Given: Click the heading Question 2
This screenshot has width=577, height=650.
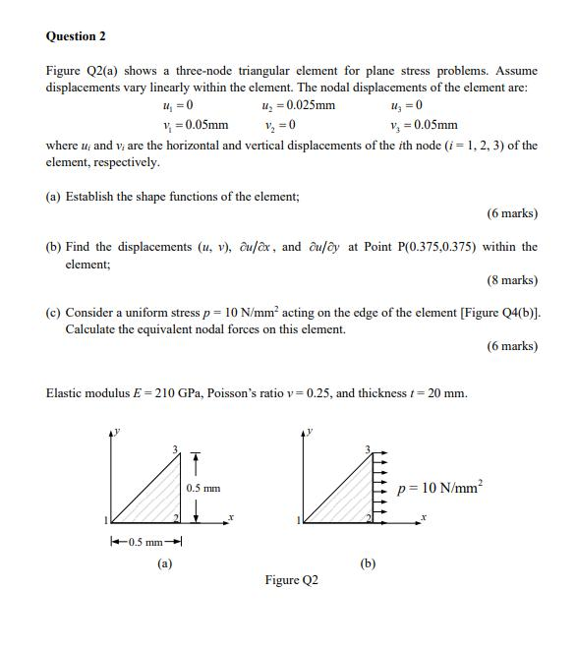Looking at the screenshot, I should pos(76,36).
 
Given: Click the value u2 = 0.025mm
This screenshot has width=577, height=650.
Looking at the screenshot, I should pos(299,106).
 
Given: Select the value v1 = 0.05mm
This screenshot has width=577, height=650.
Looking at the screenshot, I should pos(196,125).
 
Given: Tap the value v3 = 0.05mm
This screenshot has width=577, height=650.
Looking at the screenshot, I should pos(424,125).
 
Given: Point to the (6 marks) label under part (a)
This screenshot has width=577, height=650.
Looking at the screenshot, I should pos(512,213).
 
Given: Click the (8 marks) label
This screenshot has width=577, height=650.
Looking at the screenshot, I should pos(512,280).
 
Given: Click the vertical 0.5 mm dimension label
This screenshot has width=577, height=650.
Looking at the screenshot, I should pos(202,489).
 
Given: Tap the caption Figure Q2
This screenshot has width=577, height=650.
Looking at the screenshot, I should pos(291,580).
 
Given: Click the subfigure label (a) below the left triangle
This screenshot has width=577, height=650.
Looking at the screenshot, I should pos(164,563).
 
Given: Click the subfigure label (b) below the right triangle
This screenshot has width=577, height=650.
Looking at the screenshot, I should pos(367,563).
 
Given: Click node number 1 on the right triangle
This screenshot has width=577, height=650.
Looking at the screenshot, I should pos(299,519).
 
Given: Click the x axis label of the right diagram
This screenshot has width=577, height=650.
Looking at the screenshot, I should pos(424,516).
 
